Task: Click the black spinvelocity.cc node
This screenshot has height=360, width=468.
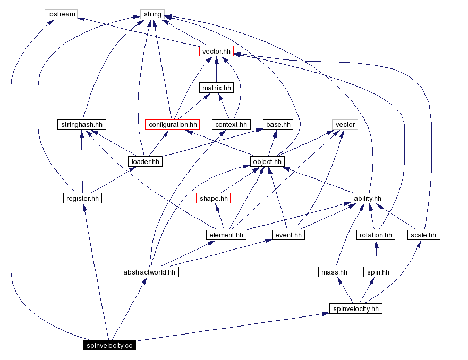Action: tap(109, 346)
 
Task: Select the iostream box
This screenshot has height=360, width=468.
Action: tap(61, 14)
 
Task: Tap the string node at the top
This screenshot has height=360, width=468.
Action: tap(152, 14)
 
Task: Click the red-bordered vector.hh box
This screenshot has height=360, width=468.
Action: tap(216, 51)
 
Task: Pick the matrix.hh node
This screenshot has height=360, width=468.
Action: tap(216, 88)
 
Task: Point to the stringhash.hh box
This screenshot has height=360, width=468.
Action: tap(81, 124)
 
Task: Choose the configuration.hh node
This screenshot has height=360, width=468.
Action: tap(172, 124)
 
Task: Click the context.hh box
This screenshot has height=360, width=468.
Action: tap(231, 124)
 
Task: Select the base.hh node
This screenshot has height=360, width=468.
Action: tap(278, 124)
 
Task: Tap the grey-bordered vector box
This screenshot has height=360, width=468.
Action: tap(345, 124)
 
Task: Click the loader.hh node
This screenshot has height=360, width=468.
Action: tap(144, 161)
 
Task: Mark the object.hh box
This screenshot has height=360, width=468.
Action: tap(268, 161)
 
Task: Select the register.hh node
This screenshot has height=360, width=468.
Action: tap(82, 198)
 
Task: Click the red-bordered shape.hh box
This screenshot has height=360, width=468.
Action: tap(214, 198)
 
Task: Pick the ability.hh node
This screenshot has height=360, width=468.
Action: tap(367, 198)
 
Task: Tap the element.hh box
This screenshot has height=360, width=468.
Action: tap(226, 235)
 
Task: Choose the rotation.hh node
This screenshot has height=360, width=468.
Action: tap(376, 235)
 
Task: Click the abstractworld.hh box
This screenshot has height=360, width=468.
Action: tap(149, 272)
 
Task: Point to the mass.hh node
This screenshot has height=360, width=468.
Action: tap(335, 272)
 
